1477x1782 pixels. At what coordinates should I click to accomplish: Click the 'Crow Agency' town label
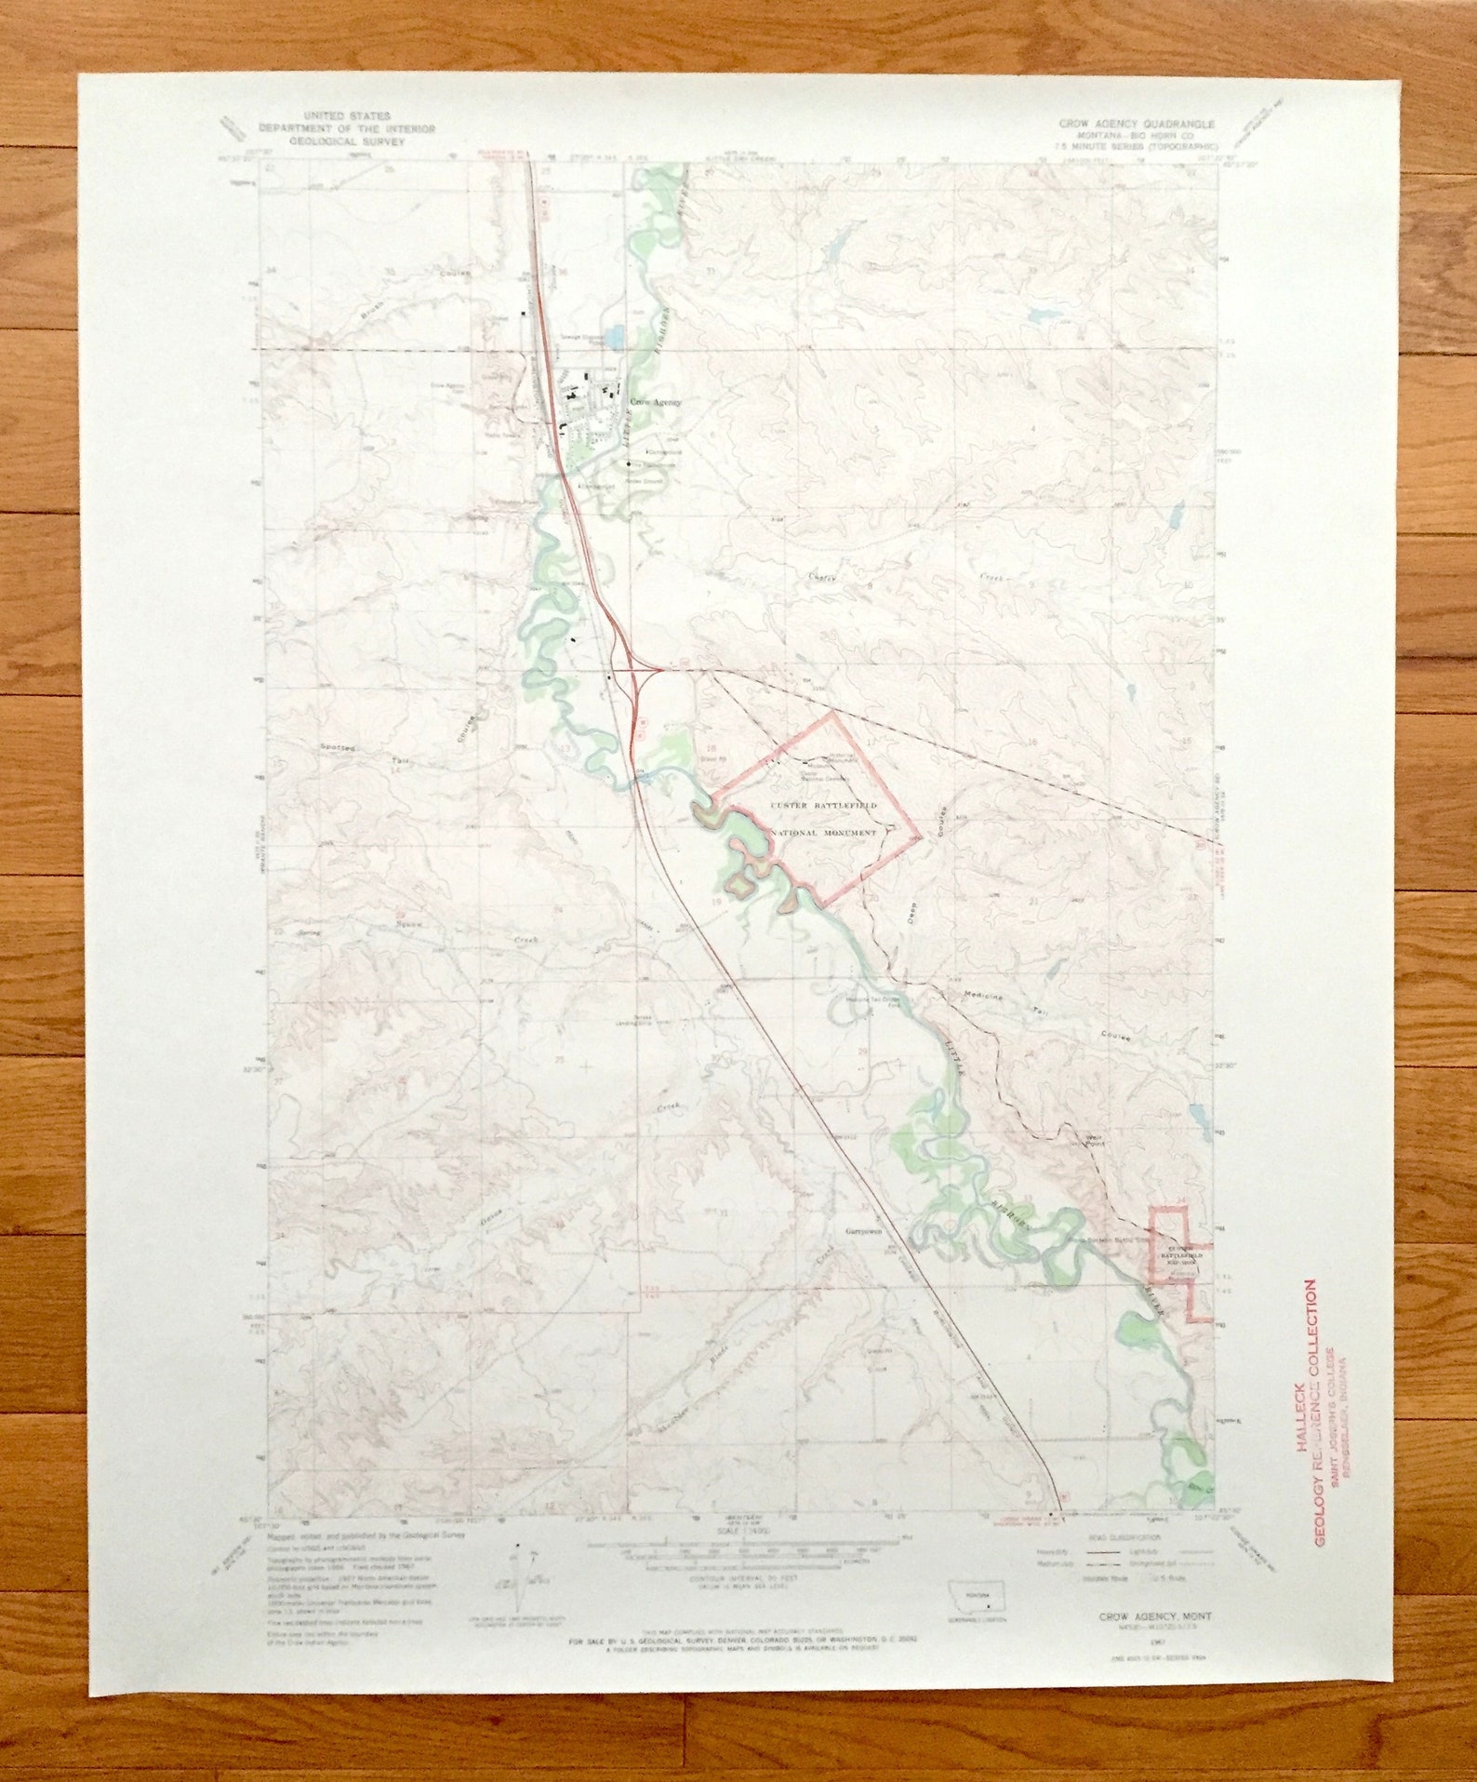[x=656, y=403]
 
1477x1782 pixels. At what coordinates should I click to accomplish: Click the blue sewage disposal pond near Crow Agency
[x=614, y=334]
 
